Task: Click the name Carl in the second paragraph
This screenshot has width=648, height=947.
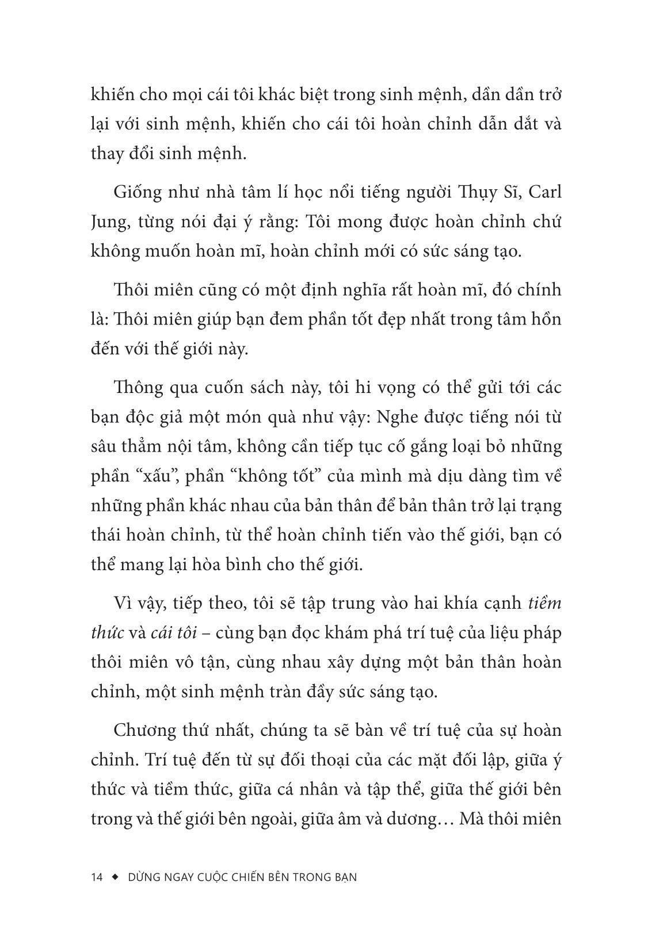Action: tap(544, 192)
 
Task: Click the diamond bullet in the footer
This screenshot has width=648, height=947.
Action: tap(115, 877)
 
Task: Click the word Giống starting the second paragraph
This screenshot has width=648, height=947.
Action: tap(136, 192)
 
